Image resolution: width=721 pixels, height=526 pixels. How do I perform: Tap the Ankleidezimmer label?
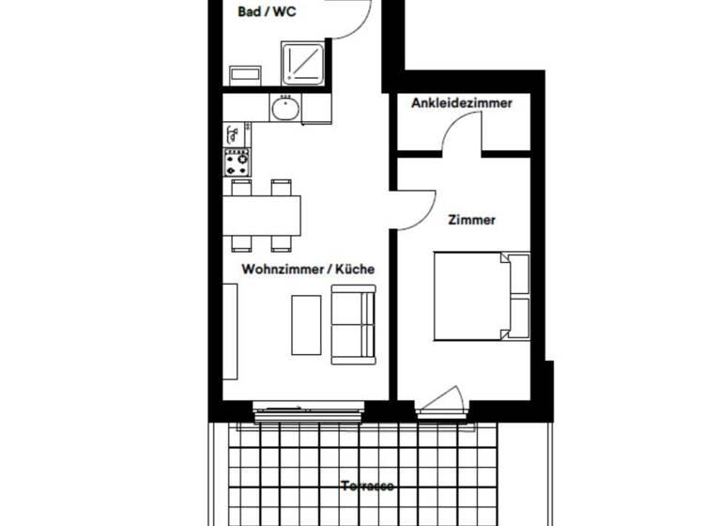tap(462, 103)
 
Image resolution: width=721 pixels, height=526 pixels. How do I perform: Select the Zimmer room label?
tap(472, 220)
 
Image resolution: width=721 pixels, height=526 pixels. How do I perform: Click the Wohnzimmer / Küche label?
tap(308, 269)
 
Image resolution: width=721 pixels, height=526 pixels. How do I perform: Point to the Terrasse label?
tap(367, 486)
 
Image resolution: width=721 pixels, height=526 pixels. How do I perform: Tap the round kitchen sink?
tap(285, 109)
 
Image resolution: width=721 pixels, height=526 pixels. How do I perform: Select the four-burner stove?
tap(236, 163)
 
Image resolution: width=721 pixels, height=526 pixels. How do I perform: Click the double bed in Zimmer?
tap(482, 295)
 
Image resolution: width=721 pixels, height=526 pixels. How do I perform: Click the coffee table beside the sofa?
tap(305, 324)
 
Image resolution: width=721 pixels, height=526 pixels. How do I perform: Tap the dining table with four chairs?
tap(262, 216)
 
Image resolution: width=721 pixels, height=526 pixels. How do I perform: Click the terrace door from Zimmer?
tap(441, 402)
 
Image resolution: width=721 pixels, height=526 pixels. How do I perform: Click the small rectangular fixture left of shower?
tap(246, 75)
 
